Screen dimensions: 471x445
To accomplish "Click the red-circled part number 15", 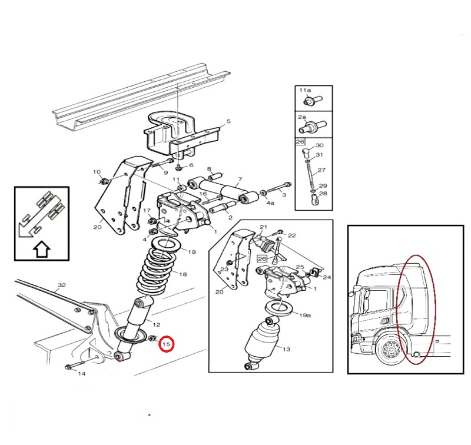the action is click(x=167, y=344).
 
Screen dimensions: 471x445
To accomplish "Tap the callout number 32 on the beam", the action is click(x=62, y=285).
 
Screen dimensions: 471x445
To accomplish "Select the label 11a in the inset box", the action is click(x=305, y=90).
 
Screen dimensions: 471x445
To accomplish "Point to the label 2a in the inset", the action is click(x=302, y=117).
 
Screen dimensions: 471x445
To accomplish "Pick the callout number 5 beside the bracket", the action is click(x=228, y=121).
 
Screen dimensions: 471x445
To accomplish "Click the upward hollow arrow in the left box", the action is click(x=41, y=249).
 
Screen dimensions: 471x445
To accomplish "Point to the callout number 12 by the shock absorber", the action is click(x=157, y=324).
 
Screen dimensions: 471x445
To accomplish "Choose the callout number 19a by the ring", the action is click(x=305, y=316).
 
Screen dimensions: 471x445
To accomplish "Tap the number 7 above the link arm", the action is click(x=240, y=180).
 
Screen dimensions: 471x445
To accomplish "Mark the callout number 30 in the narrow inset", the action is click(x=319, y=145).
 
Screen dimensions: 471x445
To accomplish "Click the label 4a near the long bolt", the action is click(x=271, y=202).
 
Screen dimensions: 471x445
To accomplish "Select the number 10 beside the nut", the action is click(x=97, y=172).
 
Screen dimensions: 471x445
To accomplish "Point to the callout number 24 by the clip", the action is click(x=327, y=277).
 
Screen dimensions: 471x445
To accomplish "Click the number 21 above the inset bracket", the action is click(x=263, y=227).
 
